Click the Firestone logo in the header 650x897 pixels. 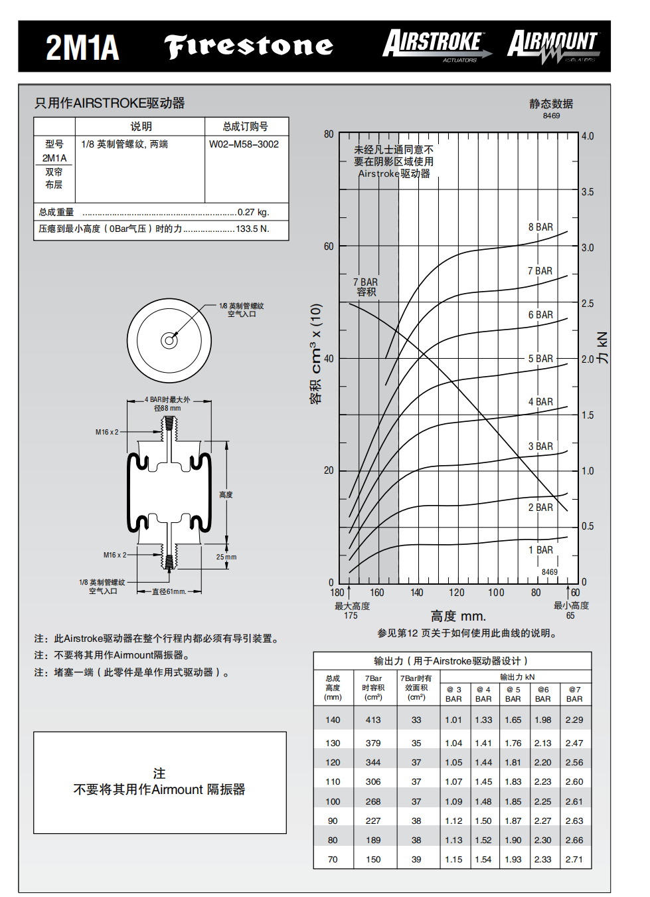click(248, 46)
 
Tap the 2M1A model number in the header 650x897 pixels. click(82, 48)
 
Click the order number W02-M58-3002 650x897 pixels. click(244, 144)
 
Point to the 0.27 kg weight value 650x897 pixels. click(253, 213)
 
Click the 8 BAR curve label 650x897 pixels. click(540, 227)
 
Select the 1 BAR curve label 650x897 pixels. click(540, 550)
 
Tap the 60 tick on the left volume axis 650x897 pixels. click(329, 247)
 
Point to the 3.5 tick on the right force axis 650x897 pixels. click(588, 192)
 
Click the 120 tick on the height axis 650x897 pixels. click(456, 593)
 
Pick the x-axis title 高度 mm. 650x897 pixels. click(458, 616)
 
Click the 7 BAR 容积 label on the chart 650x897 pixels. click(366, 287)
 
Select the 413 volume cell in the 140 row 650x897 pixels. click(373, 720)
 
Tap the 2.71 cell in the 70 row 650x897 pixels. click(574, 859)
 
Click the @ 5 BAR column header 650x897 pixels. click(513, 694)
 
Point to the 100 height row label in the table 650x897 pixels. click(333, 801)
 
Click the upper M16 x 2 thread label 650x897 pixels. click(107, 432)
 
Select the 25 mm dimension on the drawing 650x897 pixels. click(226, 557)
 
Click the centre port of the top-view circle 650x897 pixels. click(169, 341)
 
